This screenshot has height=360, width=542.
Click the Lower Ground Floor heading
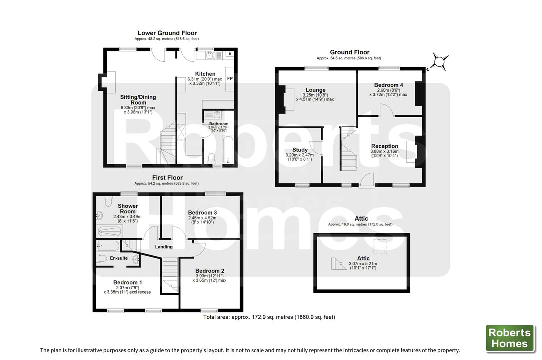pos(167,33)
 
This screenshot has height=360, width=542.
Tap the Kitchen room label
pos(205,74)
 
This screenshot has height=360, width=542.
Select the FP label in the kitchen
pos(230,79)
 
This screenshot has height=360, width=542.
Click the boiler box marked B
pos(230,54)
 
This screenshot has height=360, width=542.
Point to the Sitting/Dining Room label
pos(138,100)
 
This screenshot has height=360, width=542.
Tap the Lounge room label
pos(315,90)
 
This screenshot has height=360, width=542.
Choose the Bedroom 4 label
pos(389,85)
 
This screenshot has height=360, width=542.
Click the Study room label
pos(300,150)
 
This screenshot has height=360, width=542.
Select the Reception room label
pos(384,146)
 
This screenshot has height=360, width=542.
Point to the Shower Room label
pos(128,209)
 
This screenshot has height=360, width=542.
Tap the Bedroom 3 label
pos(202,212)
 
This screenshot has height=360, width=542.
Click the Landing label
pos(164,247)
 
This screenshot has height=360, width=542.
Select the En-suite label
pos(119,258)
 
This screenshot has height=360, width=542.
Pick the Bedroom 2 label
pos(210,271)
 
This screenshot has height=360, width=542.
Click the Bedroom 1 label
pos(127,283)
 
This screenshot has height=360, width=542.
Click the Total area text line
pos(269,317)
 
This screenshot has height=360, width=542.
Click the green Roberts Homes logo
pos(510,338)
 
